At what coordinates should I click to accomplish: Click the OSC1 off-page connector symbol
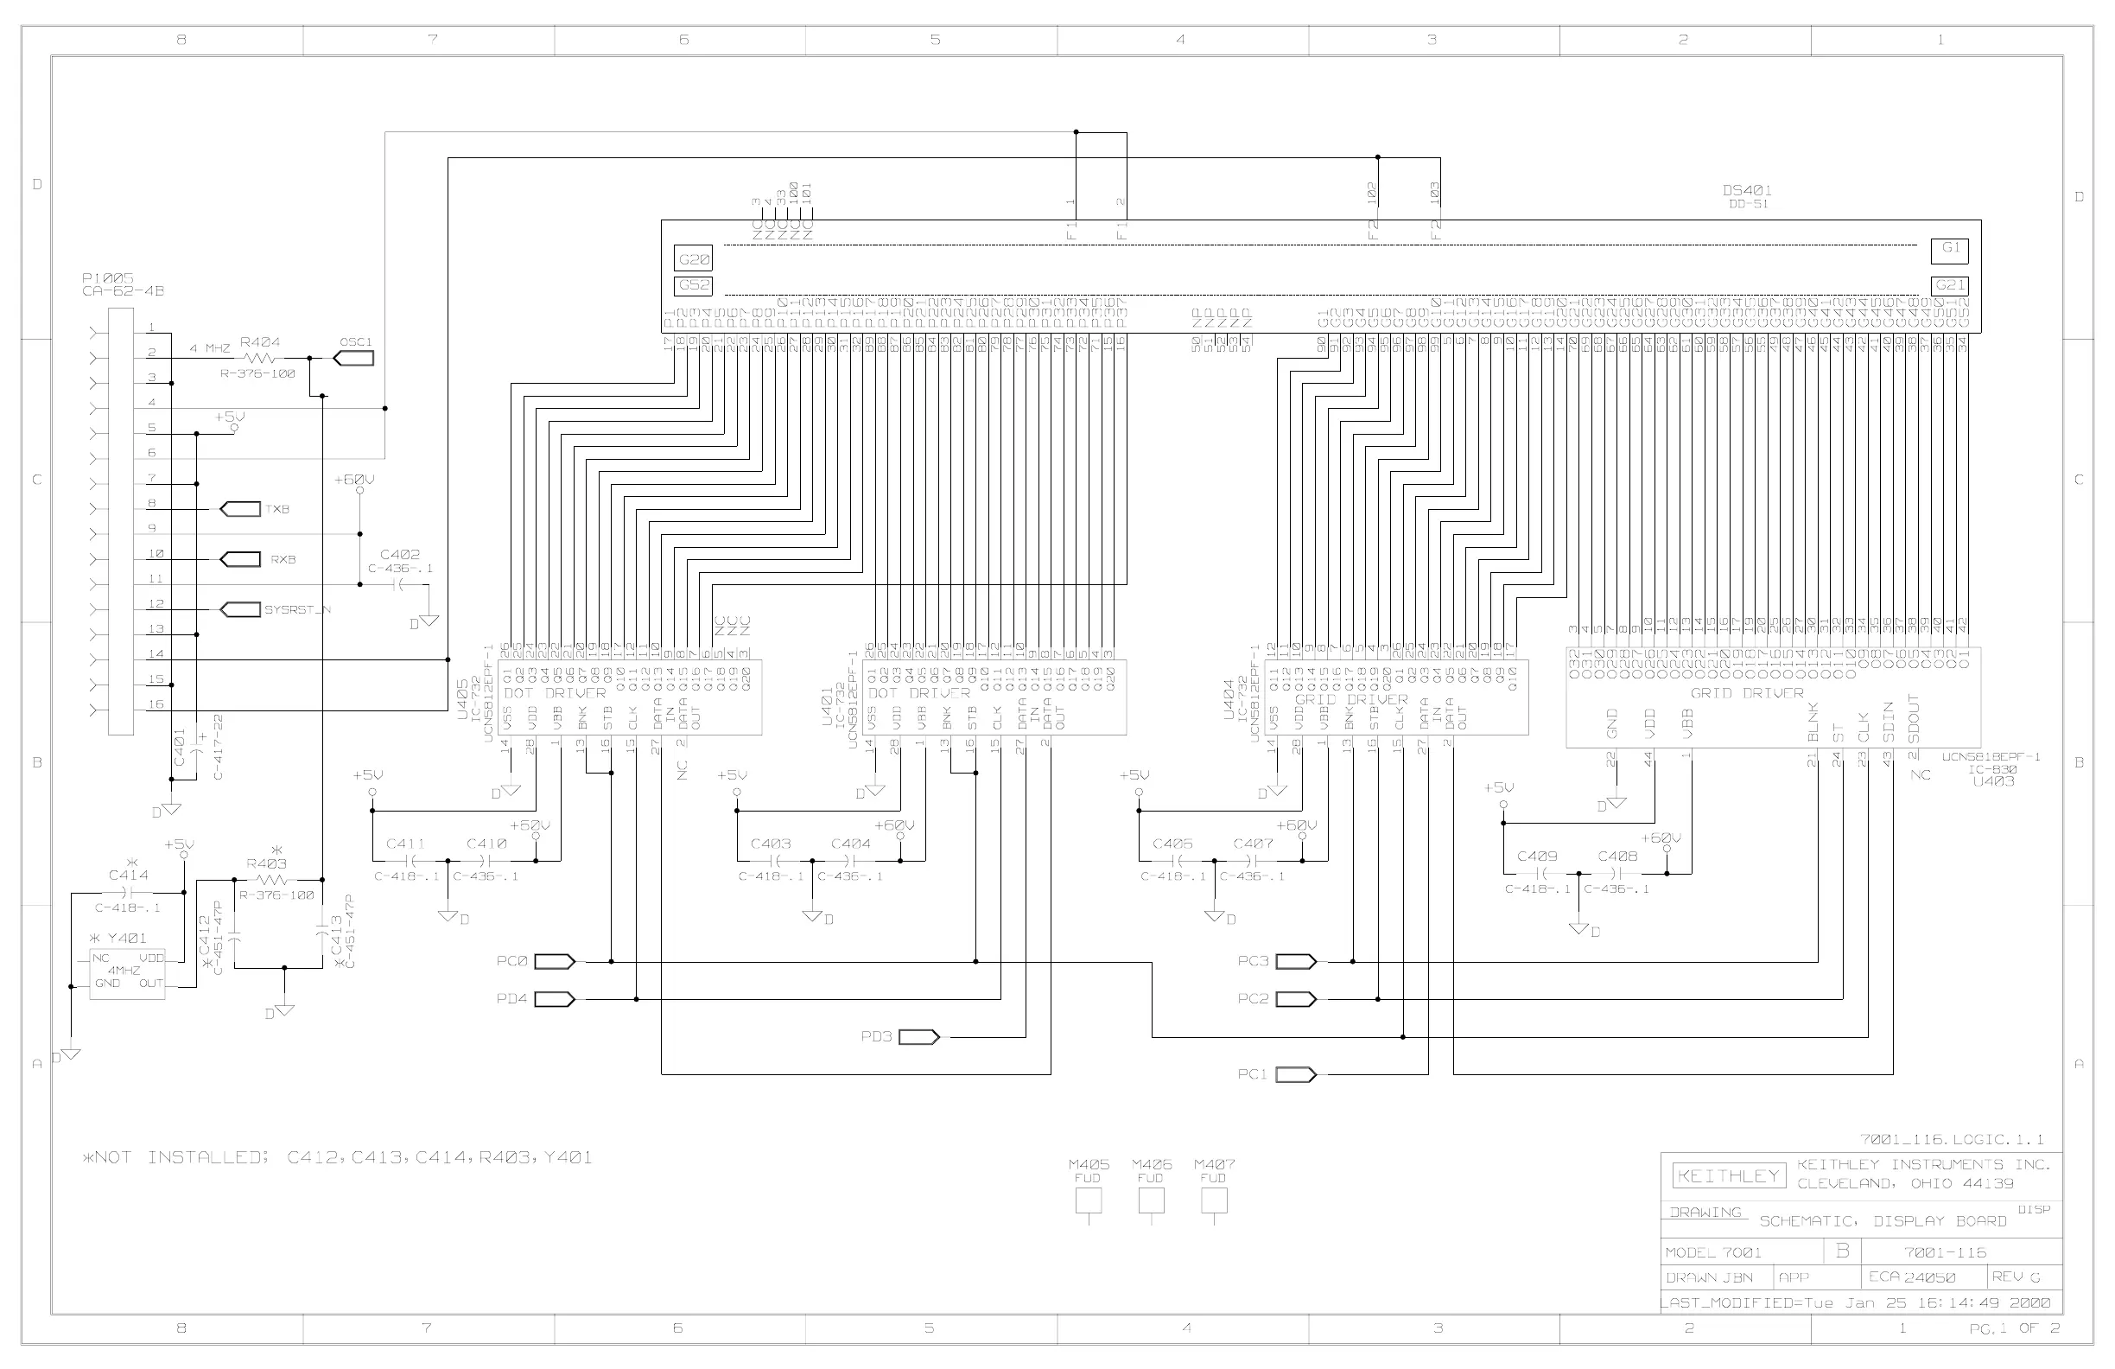tap(353, 359)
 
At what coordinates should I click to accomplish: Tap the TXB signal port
tap(238, 509)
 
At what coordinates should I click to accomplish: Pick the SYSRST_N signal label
tap(298, 610)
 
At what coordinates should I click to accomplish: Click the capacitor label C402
tap(400, 555)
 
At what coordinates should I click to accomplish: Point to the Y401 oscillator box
tap(127, 974)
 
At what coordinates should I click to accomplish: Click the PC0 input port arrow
tap(556, 961)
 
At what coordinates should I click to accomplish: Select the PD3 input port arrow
tap(919, 1036)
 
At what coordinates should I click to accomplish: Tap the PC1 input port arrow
tap(1296, 1075)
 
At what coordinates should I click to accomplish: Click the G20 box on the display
tap(694, 259)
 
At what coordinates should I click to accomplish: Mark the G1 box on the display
tap(1950, 250)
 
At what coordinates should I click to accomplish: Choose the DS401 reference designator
tap(1747, 190)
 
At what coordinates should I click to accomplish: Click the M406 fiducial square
tap(1151, 1200)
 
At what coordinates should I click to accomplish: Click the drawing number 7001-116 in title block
tap(1946, 1252)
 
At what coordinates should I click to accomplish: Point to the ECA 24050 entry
tap(1911, 1277)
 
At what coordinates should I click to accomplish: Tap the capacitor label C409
tap(1537, 856)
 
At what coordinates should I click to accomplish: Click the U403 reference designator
tap(1993, 781)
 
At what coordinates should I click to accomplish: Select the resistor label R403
tap(267, 863)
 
